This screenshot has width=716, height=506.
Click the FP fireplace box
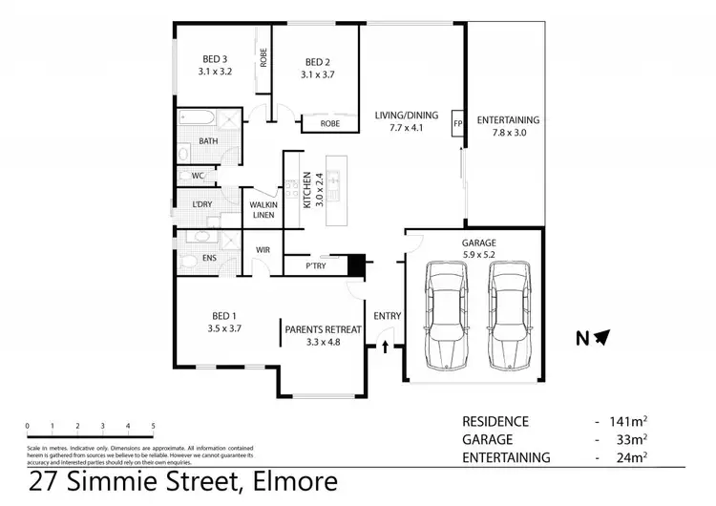(457, 124)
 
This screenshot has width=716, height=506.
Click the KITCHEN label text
(307, 190)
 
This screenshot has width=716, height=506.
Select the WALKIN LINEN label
(263, 210)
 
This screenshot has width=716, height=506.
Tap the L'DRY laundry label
(201, 205)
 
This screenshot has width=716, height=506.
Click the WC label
(199, 176)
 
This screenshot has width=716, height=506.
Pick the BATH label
(207, 141)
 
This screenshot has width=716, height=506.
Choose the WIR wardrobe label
(263, 250)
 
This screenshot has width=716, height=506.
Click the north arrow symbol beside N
(602, 336)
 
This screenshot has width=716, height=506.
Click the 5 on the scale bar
(153, 426)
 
